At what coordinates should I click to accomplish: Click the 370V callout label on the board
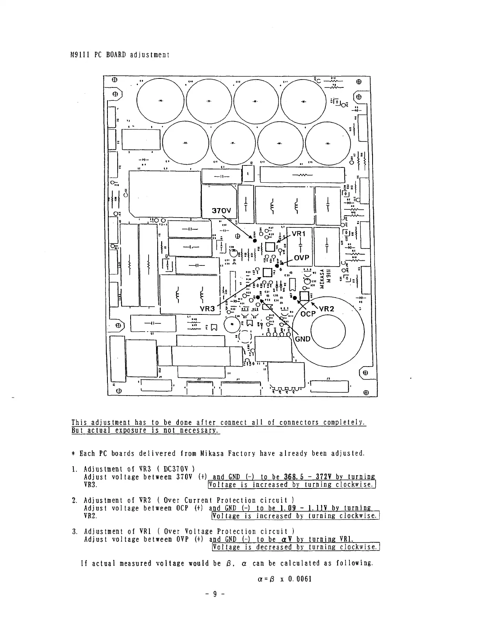[x=222, y=211]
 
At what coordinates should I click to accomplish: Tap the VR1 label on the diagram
[x=298, y=234]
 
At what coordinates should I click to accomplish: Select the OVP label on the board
[x=302, y=258]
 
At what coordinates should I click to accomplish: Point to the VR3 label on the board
[x=207, y=309]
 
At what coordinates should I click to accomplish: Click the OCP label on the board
[x=308, y=314]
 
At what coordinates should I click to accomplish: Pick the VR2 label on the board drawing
[x=326, y=309]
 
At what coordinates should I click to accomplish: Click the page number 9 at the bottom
[x=215, y=594]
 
